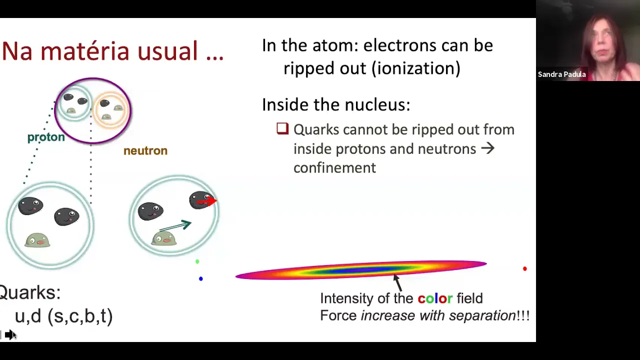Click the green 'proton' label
46,137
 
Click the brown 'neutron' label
145,150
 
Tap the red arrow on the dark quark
207,201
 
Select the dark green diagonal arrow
175,225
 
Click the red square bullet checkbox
282,128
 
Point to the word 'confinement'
334,167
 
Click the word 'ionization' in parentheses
416,68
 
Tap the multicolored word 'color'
435,298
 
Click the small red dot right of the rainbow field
524,268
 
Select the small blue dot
201,278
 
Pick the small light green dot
197,261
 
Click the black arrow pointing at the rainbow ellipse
397,282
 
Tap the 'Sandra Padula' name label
561,74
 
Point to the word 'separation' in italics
482,315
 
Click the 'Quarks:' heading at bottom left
29,292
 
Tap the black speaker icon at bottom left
9,334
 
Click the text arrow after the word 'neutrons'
487,148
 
